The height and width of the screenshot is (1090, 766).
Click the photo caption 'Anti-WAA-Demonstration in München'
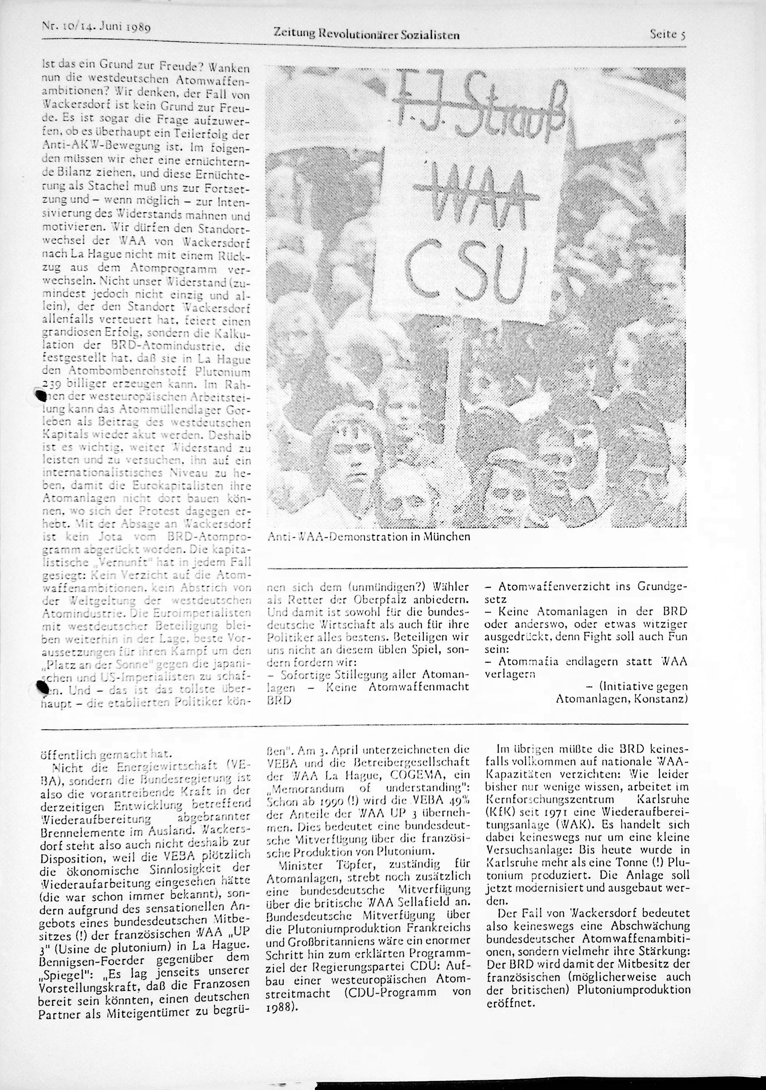(369, 537)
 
